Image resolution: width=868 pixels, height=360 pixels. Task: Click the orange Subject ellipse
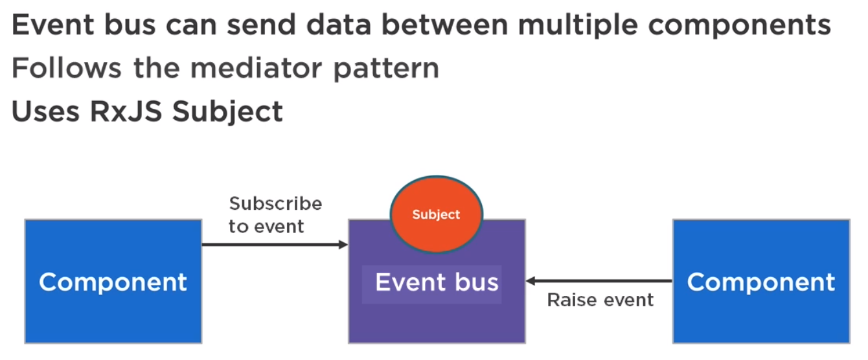click(437, 214)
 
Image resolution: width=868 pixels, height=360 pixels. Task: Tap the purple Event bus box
click(437, 298)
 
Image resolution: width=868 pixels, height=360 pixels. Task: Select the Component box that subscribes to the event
click(113, 282)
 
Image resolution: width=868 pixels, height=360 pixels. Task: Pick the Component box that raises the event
click(761, 282)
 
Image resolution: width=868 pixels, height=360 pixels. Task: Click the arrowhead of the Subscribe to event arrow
click(343, 245)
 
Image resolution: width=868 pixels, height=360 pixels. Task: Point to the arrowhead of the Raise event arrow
click(531, 281)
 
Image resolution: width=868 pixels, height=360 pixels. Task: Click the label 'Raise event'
click(600, 300)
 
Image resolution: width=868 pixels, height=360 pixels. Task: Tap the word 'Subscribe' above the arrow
click(275, 203)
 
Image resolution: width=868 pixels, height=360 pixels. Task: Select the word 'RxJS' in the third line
click(126, 111)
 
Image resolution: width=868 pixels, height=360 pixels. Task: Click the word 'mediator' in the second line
click(256, 68)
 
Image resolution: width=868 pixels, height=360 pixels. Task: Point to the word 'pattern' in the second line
click(386, 69)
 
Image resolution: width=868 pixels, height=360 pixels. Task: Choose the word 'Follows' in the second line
click(67, 68)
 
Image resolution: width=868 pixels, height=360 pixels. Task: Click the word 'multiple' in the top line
click(578, 26)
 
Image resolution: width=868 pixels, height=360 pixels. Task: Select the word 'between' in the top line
click(444, 25)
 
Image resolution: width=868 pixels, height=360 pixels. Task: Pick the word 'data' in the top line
click(339, 25)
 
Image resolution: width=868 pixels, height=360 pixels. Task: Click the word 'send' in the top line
click(261, 25)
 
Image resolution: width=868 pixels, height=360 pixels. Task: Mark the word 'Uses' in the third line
click(46, 111)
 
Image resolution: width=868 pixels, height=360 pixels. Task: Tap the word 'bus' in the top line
click(130, 25)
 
